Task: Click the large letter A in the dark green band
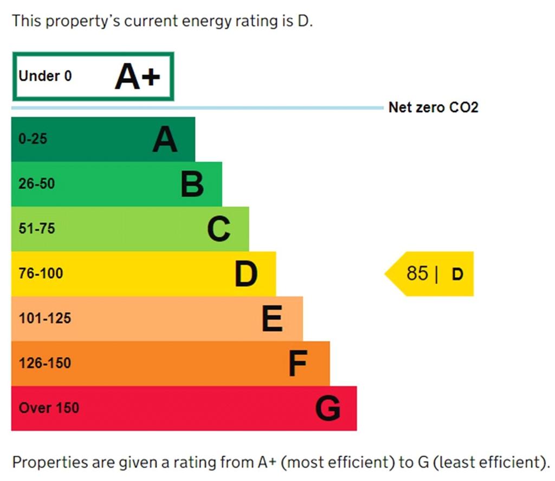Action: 165,140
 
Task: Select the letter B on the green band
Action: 192,184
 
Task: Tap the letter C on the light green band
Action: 219,229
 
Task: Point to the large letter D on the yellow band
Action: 246,274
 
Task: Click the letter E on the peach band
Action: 272,318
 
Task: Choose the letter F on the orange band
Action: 298,363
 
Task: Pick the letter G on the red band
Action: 328,408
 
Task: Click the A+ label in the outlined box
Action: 138,77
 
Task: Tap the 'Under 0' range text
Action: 45,76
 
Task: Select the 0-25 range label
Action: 33,139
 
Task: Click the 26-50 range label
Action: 37,184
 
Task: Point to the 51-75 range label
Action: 37,229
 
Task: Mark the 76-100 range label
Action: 41,274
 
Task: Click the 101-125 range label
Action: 45,318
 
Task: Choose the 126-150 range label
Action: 45,363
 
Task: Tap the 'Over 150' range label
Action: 49,408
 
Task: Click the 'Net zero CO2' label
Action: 433,107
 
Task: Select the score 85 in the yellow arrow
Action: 417,274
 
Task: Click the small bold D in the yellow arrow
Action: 457,275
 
